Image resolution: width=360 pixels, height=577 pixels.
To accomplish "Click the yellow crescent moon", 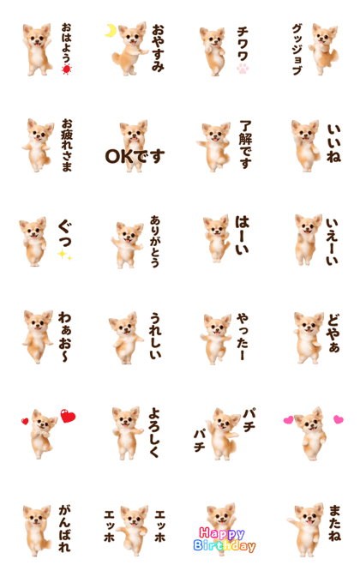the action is (110, 31).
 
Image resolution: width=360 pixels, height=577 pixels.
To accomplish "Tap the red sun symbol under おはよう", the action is (67, 69).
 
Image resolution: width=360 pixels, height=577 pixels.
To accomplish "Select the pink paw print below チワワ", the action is (243, 69).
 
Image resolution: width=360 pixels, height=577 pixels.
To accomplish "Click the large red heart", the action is (68, 416).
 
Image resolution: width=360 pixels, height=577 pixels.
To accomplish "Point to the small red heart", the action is (25, 421).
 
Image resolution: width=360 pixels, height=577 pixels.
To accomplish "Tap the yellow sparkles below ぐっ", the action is (65, 255).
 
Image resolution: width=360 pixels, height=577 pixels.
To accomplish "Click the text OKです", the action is (135, 156).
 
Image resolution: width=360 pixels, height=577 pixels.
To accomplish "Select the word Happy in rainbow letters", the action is (222, 533).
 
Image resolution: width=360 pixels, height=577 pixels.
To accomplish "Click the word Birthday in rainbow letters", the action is (225, 546).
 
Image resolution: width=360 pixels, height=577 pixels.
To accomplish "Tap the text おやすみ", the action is (158, 48).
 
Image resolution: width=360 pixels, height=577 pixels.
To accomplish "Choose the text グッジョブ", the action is (297, 50).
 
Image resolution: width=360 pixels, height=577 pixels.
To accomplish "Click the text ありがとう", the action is (155, 242).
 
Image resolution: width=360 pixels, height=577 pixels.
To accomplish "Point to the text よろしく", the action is (154, 433).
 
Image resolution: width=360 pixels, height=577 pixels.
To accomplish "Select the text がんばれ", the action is (65, 528).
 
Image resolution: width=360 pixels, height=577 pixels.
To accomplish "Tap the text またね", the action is (334, 523).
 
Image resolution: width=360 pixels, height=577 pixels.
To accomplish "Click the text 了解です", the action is (246, 144).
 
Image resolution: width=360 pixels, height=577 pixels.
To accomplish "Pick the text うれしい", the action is (155, 335).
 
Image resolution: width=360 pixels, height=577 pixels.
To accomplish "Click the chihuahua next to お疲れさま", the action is (38, 145).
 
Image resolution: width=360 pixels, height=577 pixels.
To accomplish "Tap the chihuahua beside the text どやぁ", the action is (309, 338).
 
